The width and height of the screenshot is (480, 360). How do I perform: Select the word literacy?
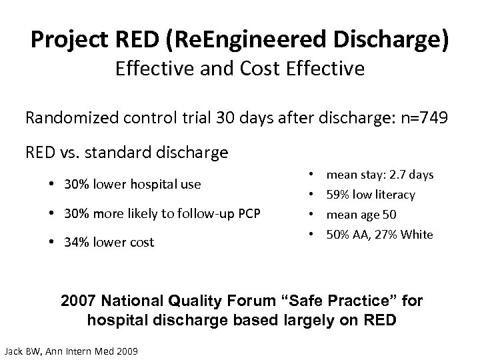[411, 195]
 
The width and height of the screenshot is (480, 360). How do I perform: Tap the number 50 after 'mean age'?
[389, 215]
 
